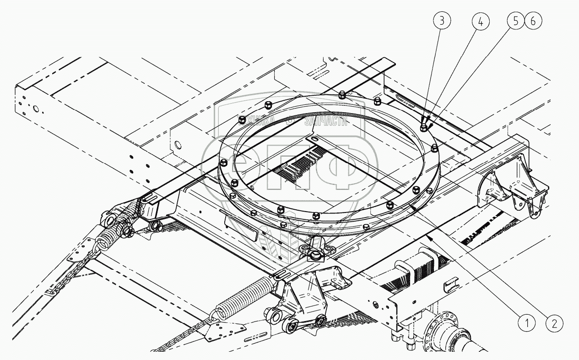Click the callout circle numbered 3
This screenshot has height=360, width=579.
coord(442,21)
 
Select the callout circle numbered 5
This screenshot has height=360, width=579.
coord(515,21)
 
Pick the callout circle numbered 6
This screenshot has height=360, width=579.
coord(533,21)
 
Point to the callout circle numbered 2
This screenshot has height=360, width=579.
coord(554,324)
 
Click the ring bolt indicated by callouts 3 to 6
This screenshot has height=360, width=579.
coord(424,125)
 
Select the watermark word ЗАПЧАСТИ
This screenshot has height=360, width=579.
coord(326,121)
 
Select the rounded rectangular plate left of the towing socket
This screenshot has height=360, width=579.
coord(239,226)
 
